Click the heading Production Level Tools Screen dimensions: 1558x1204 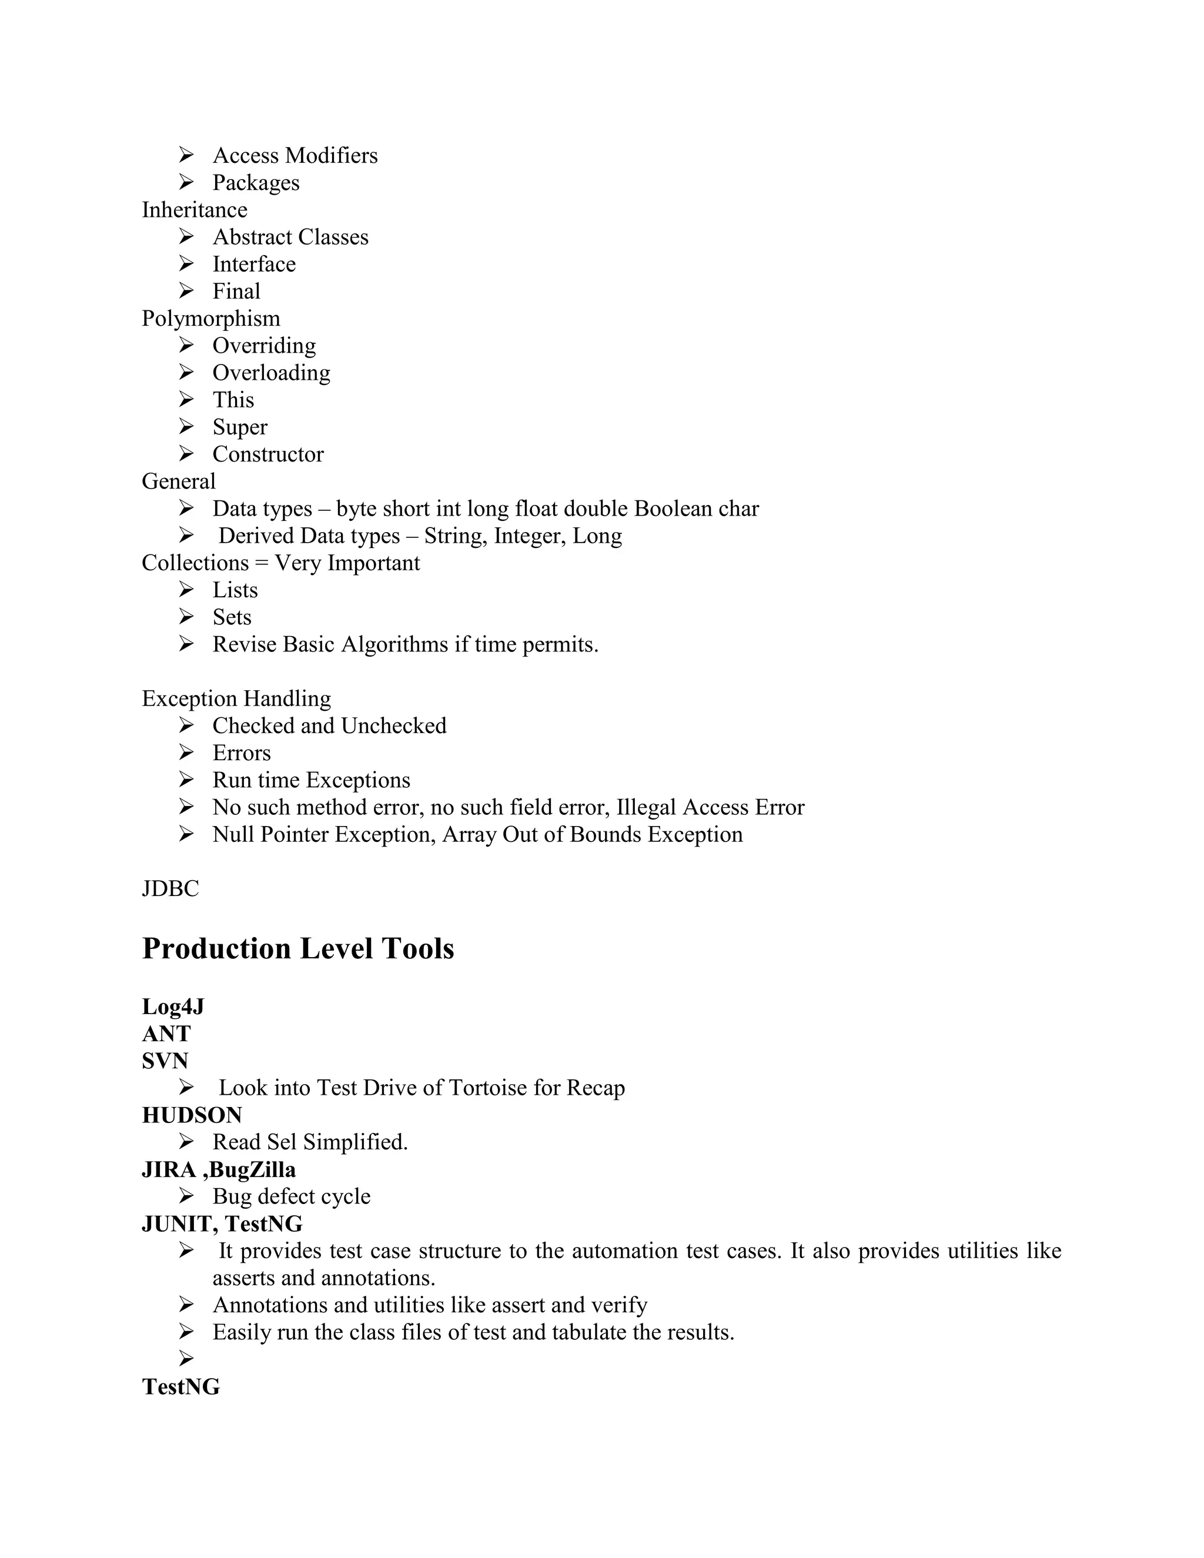coord(297,949)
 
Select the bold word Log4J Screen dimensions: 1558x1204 coord(173,1007)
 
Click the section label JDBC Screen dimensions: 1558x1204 coord(170,889)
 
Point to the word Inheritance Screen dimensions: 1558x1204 coord(194,210)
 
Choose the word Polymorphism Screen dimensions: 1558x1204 coord(210,318)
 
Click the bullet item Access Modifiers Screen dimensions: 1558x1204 coord(295,156)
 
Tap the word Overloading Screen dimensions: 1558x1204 coord(271,373)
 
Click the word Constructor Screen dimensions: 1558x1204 coord(267,454)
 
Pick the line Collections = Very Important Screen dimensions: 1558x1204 coord(280,563)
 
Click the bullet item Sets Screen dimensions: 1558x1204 coord(232,617)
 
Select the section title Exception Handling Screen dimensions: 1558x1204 coord(236,698)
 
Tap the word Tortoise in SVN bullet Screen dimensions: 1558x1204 coord(488,1088)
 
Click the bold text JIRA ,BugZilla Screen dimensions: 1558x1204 coord(218,1169)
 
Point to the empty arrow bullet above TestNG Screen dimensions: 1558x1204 coord(186,1359)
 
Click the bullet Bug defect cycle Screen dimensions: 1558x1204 coord(291,1196)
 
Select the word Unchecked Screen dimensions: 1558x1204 coord(393,725)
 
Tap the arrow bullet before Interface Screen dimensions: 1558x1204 coord(186,264)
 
